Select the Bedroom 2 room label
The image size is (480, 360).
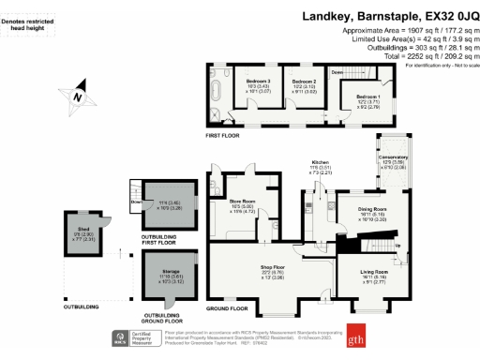299,83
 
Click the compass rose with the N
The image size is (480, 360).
80,97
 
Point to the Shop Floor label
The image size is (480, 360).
273,268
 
